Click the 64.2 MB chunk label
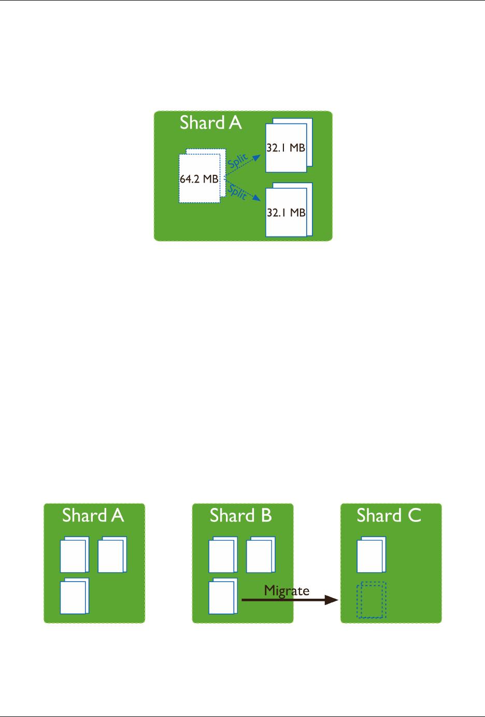pos(199,179)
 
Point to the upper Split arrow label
pos(238,162)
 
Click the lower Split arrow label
pos(237,192)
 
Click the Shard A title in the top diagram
pos(210,123)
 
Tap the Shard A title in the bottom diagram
pos(93,516)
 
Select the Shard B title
pos(241,516)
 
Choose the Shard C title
pos(389,516)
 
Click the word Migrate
pos(287,590)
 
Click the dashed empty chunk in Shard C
pos(371,600)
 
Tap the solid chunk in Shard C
pos(371,555)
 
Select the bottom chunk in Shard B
pos(223,596)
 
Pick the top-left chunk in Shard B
pos(223,555)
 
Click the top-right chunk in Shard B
pos(260,555)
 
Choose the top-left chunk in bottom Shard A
pos(75,555)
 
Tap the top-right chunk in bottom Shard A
pos(112,555)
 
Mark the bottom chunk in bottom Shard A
pos(75,596)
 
